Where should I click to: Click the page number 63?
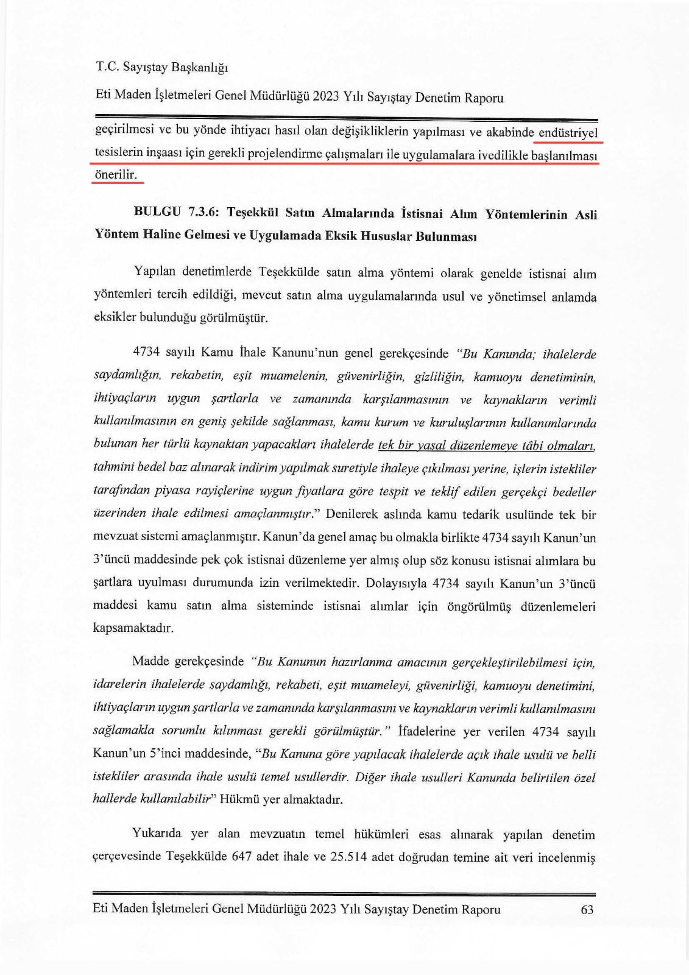click(x=587, y=910)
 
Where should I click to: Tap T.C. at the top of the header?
click(x=107, y=66)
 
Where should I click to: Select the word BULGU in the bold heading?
click(x=157, y=212)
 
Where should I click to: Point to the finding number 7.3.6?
click(x=205, y=212)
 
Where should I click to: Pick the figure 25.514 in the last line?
click(x=348, y=856)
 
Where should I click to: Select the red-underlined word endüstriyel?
click(x=568, y=132)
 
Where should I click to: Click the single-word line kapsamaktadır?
click(x=133, y=628)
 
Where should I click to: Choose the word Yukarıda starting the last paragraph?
click(x=157, y=834)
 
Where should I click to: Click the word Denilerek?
click(x=354, y=514)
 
